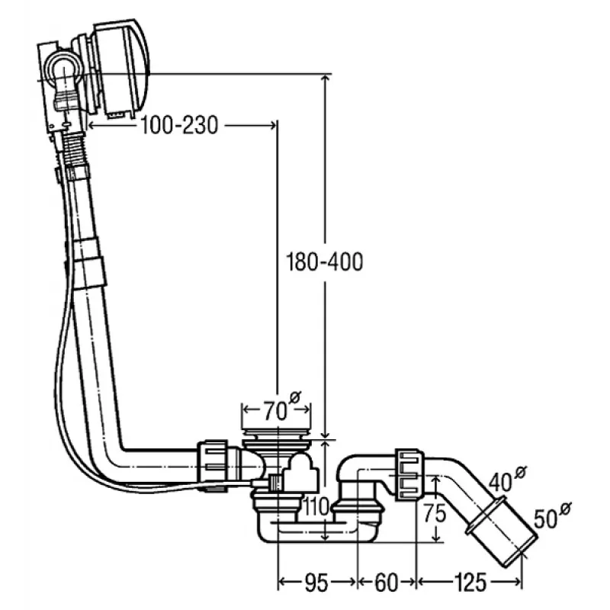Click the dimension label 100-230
click(179, 124)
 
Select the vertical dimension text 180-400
click(325, 262)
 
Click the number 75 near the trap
click(433, 512)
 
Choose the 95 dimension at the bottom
click(315, 583)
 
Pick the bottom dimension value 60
click(387, 583)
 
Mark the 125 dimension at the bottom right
click(470, 583)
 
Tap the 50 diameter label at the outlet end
click(546, 521)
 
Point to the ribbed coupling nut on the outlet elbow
click(409, 474)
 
